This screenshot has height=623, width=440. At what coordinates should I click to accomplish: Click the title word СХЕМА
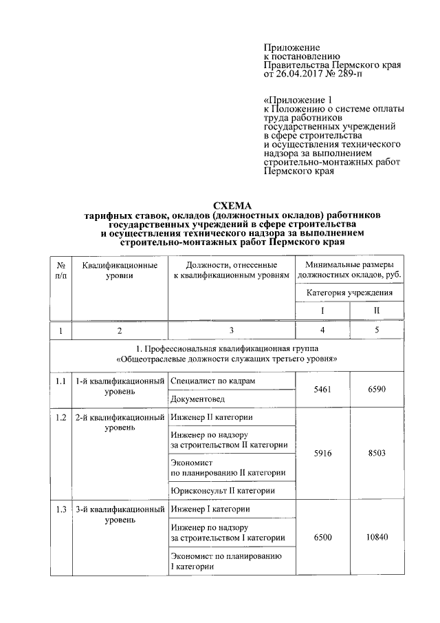click(x=233, y=205)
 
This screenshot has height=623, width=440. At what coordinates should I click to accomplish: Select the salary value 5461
click(x=322, y=389)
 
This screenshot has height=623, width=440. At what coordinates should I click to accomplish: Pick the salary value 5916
click(x=322, y=453)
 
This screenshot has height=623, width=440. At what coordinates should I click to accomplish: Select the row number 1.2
click(x=60, y=417)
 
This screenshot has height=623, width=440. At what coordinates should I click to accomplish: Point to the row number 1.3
click(x=60, y=509)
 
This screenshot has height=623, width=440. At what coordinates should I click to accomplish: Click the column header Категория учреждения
click(x=349, y=293)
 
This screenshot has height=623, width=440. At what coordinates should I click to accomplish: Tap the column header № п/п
click(x=60, y=270)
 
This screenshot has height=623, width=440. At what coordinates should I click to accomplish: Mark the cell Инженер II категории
click(x=210, y=417)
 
